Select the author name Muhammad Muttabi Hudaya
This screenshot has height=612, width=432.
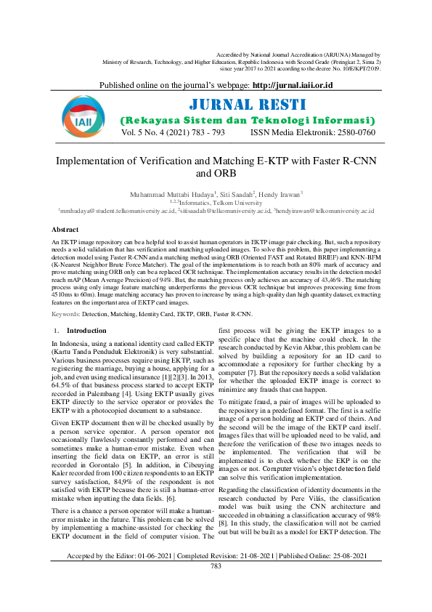tap(166, 195)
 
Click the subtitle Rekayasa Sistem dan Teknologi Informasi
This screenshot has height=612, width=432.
tap(247, 120)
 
